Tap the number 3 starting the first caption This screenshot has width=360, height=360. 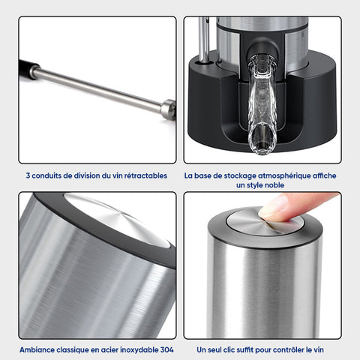pos(28,175)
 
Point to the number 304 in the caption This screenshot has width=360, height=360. pos(166,349)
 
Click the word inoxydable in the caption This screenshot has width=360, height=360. pos(139,350)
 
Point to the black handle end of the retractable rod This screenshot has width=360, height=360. pos(28,69)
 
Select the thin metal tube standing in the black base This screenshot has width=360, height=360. pos(204,39)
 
